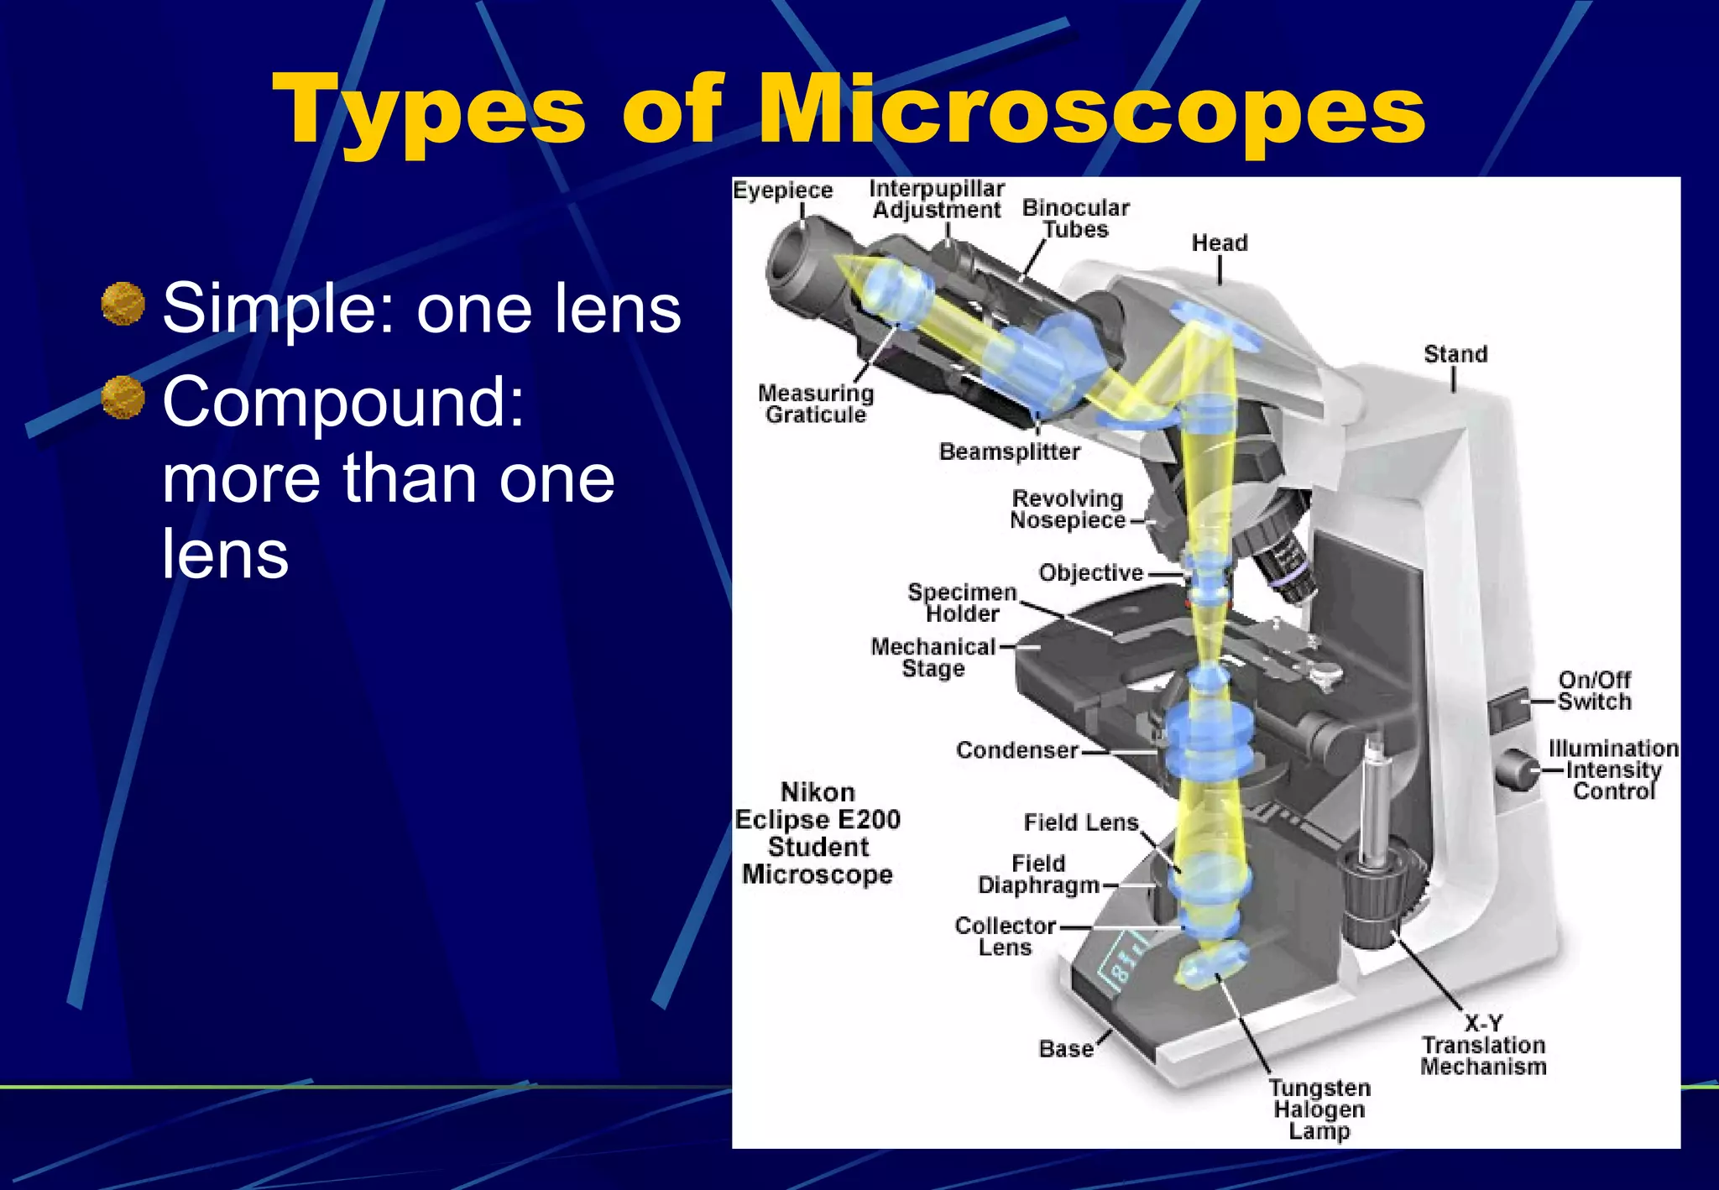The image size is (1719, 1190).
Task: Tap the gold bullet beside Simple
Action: (x=123, y=303)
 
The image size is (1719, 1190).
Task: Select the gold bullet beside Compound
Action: (x=123, y=397)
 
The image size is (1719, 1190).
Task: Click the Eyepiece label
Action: (x=782, y=191)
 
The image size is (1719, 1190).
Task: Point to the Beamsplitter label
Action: (x=1009, y=451)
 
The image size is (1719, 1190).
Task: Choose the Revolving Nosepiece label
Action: (x=1067, y=509)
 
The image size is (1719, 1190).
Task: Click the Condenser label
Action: (x=1016, y=749)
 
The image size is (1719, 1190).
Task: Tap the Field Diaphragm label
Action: (x=1038, y=874)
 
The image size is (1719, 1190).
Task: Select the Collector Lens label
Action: (x=1005, y=936)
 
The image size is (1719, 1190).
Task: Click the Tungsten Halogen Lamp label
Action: (x=1319, y=1109)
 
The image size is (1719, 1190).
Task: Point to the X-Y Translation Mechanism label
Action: (x=1483, y=1046)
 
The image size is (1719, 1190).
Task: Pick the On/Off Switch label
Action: (x=1594, y=690)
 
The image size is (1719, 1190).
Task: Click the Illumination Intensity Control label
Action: (x=1612, y=770)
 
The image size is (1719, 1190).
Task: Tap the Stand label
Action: (x=1455, y=354)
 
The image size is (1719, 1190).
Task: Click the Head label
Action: (x=1220, y=243)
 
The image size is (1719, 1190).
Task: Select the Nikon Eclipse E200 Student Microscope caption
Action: (x=818, y=832)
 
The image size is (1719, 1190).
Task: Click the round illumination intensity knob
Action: (x=1518, y=770)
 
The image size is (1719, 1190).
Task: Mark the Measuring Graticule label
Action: (x=816, y=404)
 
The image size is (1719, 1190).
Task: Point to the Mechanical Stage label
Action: (x=933, y=657)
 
